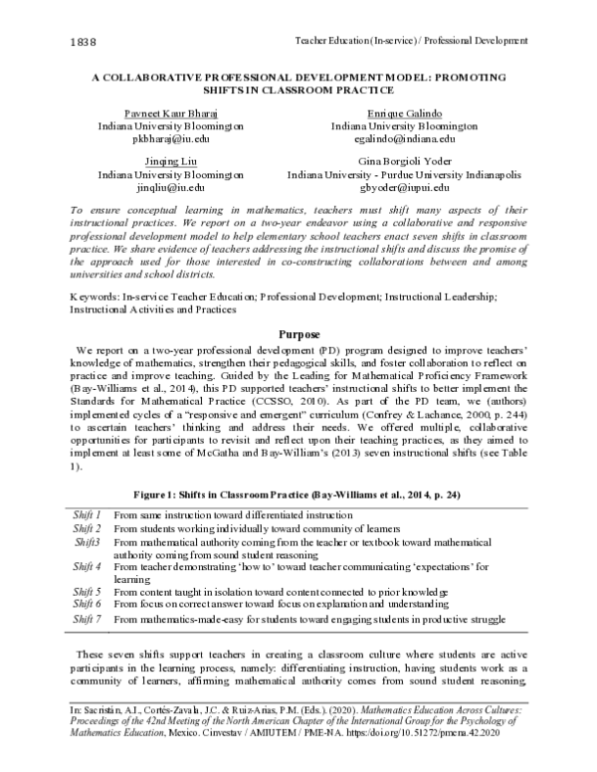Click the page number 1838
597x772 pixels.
click(57, 41)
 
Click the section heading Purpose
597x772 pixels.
click(298, 334)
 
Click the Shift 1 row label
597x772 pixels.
click(87, 515)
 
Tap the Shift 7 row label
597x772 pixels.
click(87, 619)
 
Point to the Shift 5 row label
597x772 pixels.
click(87, 592)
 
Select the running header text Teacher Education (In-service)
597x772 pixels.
click(360, 41)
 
